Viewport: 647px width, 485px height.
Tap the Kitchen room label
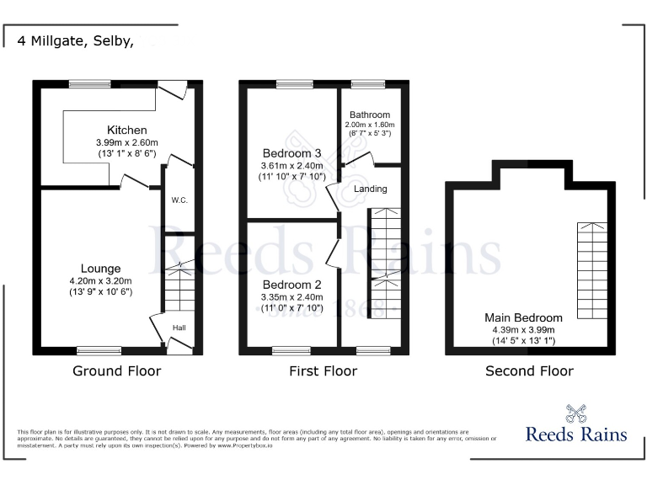coord(126,131)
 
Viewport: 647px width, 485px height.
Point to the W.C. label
coord(179,200)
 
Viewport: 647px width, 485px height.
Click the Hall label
coord(179,328)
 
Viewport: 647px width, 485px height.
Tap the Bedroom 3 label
coord(291,153)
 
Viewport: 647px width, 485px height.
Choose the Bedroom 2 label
coord(291,284)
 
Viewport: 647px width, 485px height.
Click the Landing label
coord(371,189)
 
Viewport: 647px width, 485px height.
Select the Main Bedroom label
coord(523,317)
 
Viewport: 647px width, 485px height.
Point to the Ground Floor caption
coord(116,371)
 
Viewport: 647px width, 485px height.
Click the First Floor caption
coord(323,371)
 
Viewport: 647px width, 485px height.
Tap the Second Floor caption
coord(529,371)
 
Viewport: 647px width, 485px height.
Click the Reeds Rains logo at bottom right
coord(576,425)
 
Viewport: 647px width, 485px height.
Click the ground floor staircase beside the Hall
coord(179,286)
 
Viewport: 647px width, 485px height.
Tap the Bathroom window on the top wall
coord(368,83)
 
